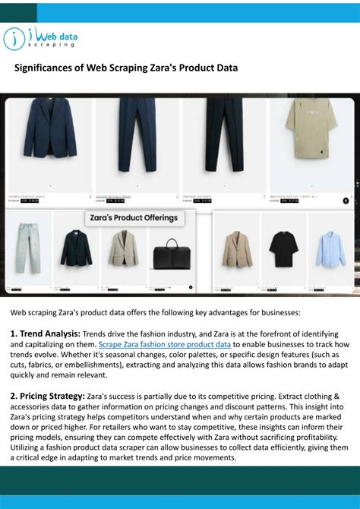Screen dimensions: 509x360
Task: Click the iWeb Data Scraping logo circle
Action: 15,38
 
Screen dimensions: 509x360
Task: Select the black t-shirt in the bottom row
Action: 283,249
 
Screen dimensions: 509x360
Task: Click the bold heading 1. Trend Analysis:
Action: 46,334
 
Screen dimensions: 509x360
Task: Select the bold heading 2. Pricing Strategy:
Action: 47,396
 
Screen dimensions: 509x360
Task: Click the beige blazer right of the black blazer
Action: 123,248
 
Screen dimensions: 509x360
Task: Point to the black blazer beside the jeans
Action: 76,248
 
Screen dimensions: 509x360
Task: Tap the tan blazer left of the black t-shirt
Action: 237,248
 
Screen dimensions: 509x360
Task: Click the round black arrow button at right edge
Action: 346,201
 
